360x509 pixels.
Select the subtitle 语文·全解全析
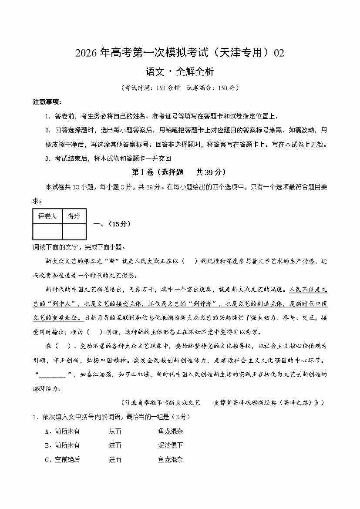pos(180,71)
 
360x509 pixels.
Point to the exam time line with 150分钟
pos(180,88)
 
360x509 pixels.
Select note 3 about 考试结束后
pos(108,158)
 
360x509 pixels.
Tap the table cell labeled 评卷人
pos(47,216)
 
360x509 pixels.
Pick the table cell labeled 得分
pos(74,216)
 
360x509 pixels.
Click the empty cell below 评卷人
pos(47,231)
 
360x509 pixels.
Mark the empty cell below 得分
pos(74,231)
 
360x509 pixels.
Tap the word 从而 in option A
pos(115,431)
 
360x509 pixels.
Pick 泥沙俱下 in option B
pos(171,445)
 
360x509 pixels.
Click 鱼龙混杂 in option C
pos(171,459)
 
